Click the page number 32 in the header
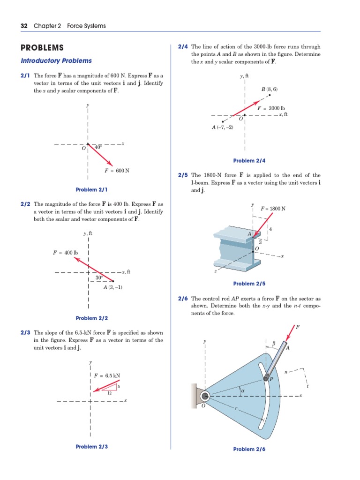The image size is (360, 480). pyautogui.click(x=24, y=26)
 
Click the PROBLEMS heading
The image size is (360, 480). pyautogui.click(x=42, y=48)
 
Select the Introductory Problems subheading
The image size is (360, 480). pyautogui.click(x=56, y=60)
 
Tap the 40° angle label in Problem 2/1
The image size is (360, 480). pyautogui.click(x=98, y=147)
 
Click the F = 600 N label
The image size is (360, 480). pyautogui.click(x=117, y=170)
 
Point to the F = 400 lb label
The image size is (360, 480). pyautogui.click(x=65, y=253)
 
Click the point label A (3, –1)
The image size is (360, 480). pyautogui.click(x=113, y=287)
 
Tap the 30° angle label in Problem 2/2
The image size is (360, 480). pyautogui.click(x=99, y=277)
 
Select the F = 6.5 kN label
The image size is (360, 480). pyautogui.click(x=107, y=375)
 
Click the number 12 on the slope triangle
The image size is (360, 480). pyautogui.click(x=110, y=393)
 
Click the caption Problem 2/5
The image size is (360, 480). pyautogui.click(x=249, y=284)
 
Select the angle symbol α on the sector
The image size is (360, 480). pyautogui.click(x=243, y=390)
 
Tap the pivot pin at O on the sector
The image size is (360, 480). pyautogui.click(x=204, y=397)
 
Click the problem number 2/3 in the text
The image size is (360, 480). pyautogui.click(x=26, y=333)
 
